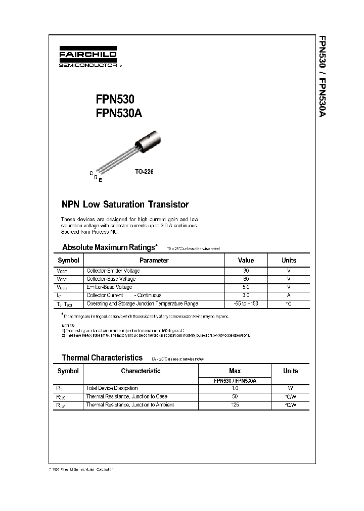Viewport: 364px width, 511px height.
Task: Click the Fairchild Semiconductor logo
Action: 87,58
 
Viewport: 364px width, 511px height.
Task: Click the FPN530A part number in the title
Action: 118,114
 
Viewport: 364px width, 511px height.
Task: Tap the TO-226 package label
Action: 144,172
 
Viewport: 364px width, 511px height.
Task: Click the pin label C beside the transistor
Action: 91,173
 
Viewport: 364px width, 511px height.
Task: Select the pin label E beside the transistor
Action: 100,180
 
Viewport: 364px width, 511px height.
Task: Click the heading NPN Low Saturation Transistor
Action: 125,205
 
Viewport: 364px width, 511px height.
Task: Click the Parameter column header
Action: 154,261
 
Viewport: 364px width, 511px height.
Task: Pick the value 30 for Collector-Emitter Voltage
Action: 246,271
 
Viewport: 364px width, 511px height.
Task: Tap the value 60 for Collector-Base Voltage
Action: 246,279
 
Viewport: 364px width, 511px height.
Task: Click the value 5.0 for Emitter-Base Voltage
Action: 246,287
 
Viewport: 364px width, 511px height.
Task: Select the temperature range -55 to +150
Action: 246,304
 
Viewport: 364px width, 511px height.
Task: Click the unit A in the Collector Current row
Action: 289,295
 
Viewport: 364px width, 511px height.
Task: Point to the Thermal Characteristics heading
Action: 102,357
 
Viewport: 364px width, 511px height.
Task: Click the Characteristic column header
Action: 141,371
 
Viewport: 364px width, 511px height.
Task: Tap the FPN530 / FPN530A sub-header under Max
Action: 235,381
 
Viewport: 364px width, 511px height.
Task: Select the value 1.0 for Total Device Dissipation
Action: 235,388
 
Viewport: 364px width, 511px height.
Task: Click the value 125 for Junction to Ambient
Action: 235,405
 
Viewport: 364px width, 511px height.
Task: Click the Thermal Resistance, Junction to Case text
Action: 126,397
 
